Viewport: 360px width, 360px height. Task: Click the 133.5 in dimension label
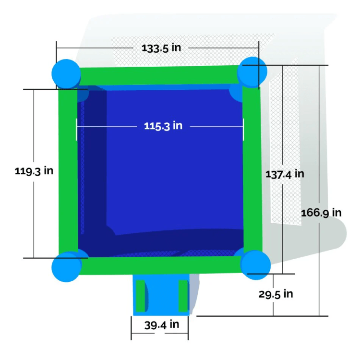[161, 48]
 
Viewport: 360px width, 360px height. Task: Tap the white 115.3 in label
[163, 126]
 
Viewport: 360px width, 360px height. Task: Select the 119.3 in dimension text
[34, 171]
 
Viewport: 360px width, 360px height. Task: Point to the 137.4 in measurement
[285, 174]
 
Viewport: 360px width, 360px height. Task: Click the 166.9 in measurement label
[321, 213]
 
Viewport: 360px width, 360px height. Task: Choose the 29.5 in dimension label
[276, 294]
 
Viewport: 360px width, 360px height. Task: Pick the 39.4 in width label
[162, 325]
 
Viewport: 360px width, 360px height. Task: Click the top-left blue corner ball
[66, 74]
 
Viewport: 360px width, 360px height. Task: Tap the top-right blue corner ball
[252, 72]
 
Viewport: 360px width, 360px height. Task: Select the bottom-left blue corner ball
[66, 267]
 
